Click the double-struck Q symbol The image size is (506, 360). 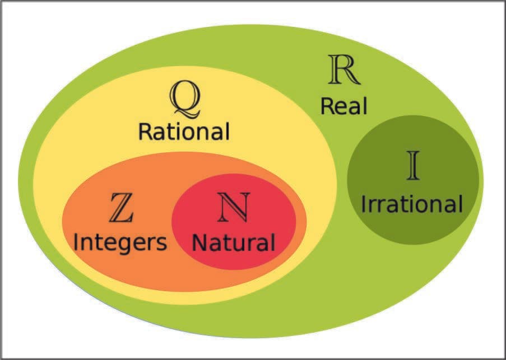pyautogui.click(x=184, y=97)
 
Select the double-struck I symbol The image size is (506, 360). pyautogui.click(x=413, y=165)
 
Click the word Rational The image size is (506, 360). pyautogui.click(x=184, y=132)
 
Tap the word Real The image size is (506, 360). pyautogui.click(x=343, y=106)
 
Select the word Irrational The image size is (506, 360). pyautogui.click(x=412, y=204)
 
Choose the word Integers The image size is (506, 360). pyautogui.click(x=120, y=243)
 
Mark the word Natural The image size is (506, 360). pyautogui.click(x=234, y=243)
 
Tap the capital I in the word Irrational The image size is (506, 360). pyautogui.click(x=364, y=204)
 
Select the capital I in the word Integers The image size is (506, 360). pyautogui.click(x=77, y=243)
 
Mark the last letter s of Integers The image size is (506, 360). pyautogui.click(x=161, y=244)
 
